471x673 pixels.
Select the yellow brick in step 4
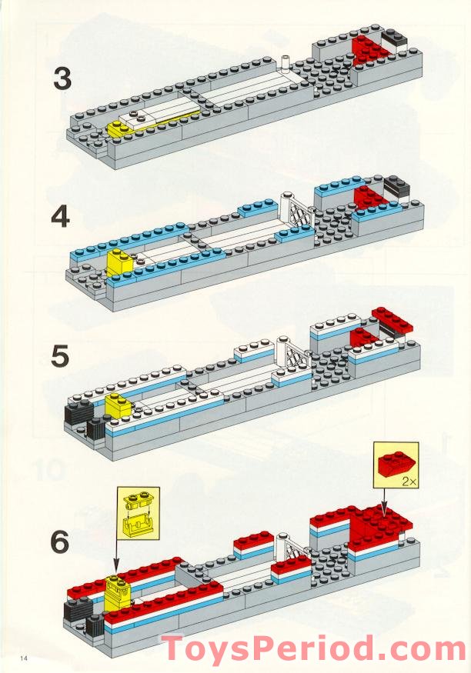(x=120, y=263)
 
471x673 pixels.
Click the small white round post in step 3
(x=286, y=61)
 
